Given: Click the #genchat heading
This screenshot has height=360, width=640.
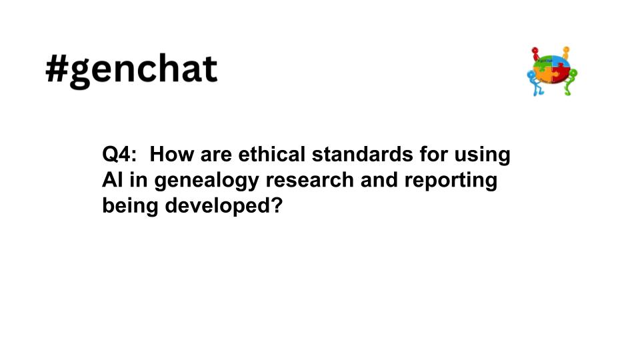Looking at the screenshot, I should (131, 70).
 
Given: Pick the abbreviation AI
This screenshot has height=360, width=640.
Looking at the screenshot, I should (111, 181).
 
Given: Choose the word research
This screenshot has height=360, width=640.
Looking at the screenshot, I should (313, 181).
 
